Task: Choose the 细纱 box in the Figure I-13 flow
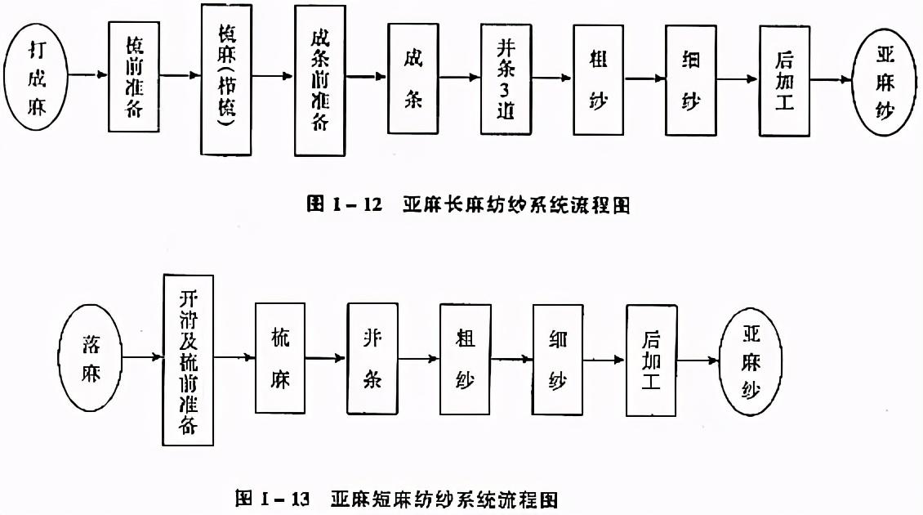tap(559, 359)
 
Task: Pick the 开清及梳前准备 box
tap(189, 359)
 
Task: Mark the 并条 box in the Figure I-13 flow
tap(372, 359)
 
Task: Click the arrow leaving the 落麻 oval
tap(144, 358)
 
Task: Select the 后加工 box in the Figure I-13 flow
tap(652, 360)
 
